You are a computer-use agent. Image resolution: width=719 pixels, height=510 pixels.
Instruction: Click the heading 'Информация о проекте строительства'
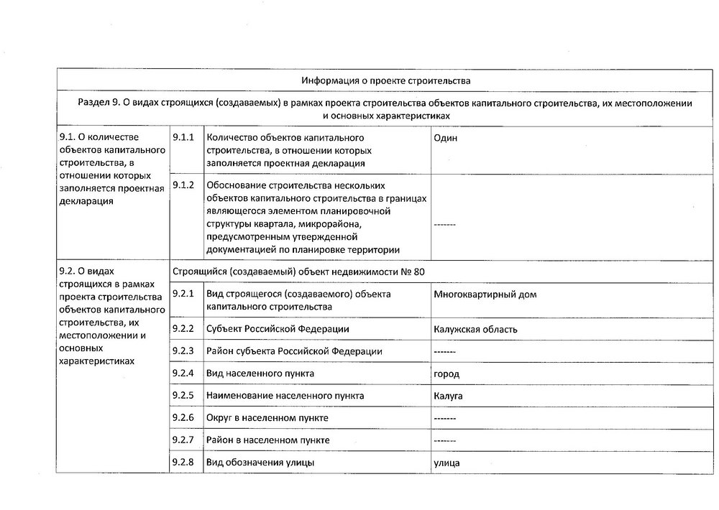pyautogui.click(x=386, y=79)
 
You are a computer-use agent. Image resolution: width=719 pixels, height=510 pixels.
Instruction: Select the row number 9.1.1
pyautogui.click(x=184, y=137)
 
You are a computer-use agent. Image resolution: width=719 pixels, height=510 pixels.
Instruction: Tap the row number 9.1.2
pyautogui.click(x=184, y=185)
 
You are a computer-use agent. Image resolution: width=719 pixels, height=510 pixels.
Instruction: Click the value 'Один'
pyautogui.click(x=446, y=138)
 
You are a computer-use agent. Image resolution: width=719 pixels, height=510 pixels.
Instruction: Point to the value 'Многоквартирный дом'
pyautogui.click(x=485, y=295)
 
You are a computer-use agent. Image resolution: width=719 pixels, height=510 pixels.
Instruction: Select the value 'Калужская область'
pyautogui.click(x=475, y=330)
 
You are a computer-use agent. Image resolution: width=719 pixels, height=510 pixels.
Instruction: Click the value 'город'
pyautogui.click(x=446, y=374)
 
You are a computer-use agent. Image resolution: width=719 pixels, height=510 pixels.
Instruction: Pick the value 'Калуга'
pyautogui.click(x=448, y=396)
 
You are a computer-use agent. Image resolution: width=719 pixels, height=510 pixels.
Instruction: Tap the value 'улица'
pyautogui.click(x=446, y=463)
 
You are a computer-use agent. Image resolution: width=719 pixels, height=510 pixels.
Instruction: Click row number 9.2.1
pyautogui.click(x=184, y=294)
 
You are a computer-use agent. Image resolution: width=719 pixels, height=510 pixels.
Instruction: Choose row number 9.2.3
pyautogui.click(x=184, y=351)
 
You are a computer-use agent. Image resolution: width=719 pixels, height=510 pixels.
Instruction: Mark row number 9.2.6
pyautogui.click(x=184, y=417)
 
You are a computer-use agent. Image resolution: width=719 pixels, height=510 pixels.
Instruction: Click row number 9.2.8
pyautogui.click(x=184, y=462)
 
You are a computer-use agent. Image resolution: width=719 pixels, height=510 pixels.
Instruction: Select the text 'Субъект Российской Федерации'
pyautogui.click(x=278, y=330)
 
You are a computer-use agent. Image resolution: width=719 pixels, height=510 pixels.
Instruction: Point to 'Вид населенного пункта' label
pyautogui.click(x=260, y=374)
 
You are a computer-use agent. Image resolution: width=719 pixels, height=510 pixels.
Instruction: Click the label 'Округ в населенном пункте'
pyautogui.click(x=267, y=417)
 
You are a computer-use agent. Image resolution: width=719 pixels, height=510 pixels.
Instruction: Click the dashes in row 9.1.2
pyautogui.click(x=445, y=225)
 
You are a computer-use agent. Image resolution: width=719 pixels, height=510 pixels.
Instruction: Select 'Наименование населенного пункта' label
pyautogui.click(x=285, y=396)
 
